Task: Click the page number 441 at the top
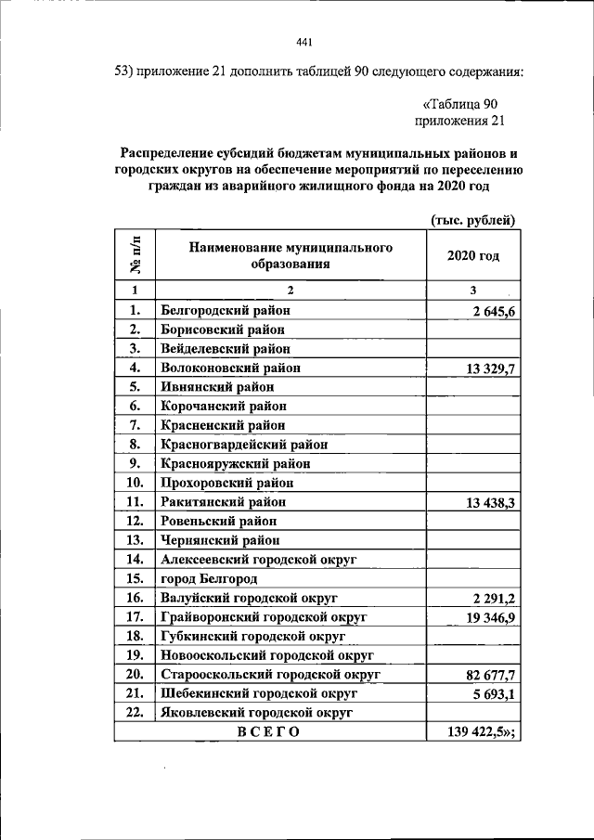(x=303, y=42)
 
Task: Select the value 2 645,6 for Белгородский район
(x=493, y=311)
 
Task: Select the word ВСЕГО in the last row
(x=268, y=731)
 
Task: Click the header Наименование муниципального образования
(x=290, y=255)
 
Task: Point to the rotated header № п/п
(x=136, y=255)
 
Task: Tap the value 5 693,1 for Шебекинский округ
(x=494, y=693)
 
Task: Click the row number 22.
(x=135, y=712)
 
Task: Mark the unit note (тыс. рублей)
(x=472, y=219)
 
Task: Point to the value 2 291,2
(x=493, y=598)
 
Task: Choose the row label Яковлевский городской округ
(x=257, y=712)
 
